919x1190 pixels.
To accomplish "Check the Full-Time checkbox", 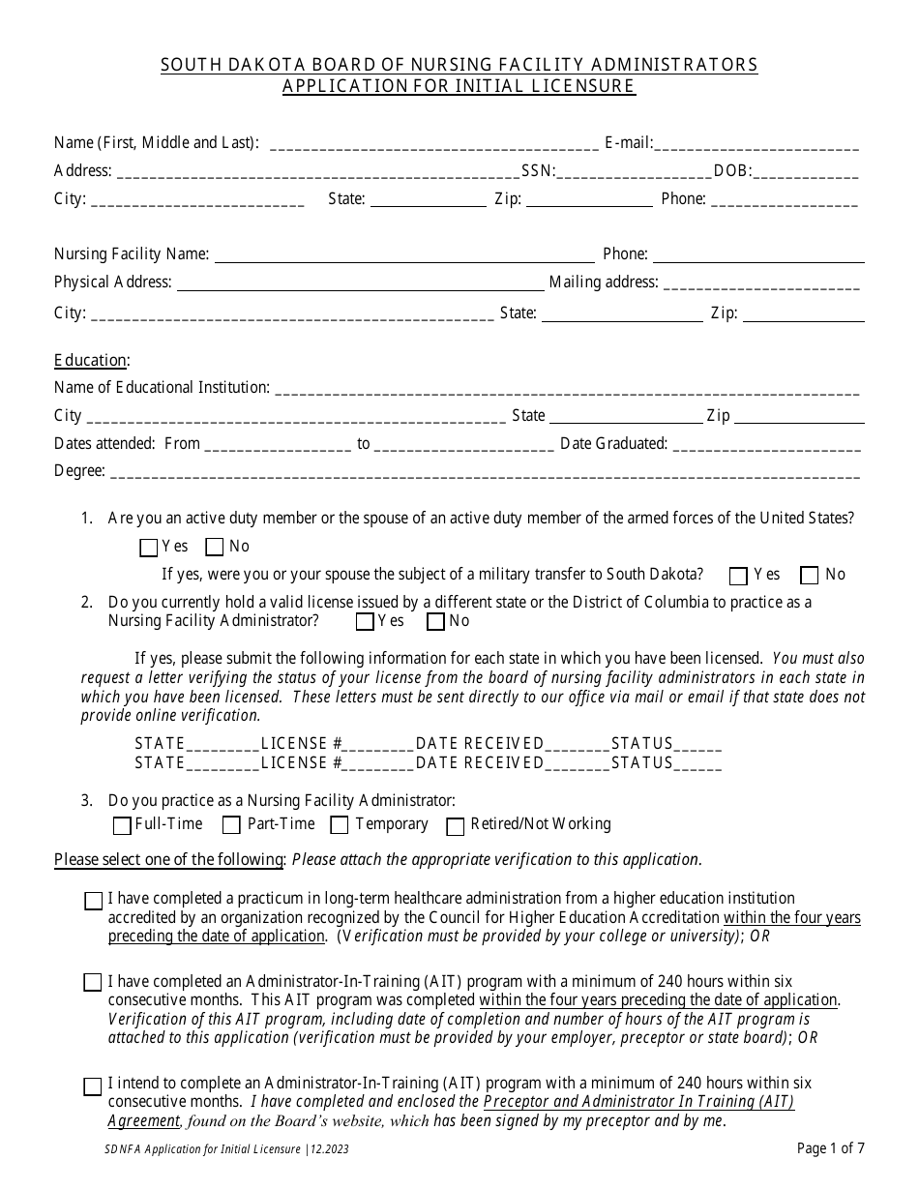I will point(122,825).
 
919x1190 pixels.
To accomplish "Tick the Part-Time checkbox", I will point(231,825).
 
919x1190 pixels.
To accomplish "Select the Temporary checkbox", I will point(340,825).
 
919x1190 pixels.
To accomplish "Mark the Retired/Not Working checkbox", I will point(455,825).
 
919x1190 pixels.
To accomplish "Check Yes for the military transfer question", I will point(738,576).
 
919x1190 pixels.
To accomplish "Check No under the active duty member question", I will point(215,548).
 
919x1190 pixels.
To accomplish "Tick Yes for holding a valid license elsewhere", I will point(365,622).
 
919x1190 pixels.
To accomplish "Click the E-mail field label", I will point(628,143).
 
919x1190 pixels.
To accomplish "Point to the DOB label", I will point(731,171).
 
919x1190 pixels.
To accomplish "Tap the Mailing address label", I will point(604,283).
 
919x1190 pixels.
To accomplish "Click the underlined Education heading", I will point(90,360).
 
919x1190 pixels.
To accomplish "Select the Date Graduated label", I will point(613,444).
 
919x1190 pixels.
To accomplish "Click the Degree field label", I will point(79,471).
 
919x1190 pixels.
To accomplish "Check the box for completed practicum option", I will point(93,901).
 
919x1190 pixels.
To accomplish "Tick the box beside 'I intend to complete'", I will point(93,1086).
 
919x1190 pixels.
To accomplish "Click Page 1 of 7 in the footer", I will point(830,1148).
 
